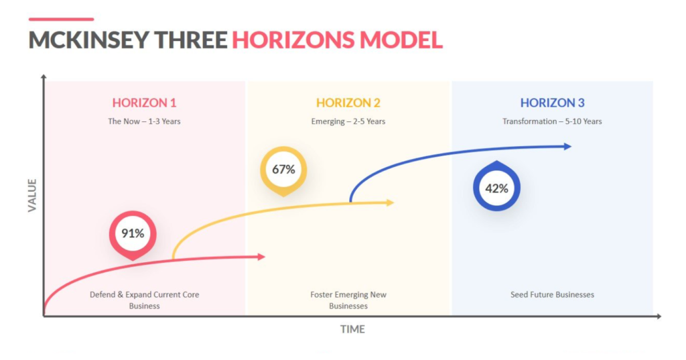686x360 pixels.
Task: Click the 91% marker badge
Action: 133,235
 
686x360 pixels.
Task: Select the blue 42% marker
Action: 496,186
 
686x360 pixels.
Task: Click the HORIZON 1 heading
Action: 145,103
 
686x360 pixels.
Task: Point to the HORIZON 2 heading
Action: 348,103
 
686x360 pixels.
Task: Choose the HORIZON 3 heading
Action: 552,103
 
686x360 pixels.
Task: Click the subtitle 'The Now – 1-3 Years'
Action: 145,121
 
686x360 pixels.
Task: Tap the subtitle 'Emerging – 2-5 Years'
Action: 348,121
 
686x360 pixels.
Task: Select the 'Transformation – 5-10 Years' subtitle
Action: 552,121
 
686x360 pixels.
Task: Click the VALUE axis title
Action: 32,195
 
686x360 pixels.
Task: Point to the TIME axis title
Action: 352,329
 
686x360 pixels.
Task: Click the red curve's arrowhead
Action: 262,257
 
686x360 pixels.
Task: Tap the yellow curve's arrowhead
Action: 391,202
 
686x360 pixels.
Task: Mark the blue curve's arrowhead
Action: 567,146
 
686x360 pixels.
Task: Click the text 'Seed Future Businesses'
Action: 552,295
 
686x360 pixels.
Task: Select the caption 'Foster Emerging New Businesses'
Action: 348,300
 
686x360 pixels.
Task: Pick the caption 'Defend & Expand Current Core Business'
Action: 145,300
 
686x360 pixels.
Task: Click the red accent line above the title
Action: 61,19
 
